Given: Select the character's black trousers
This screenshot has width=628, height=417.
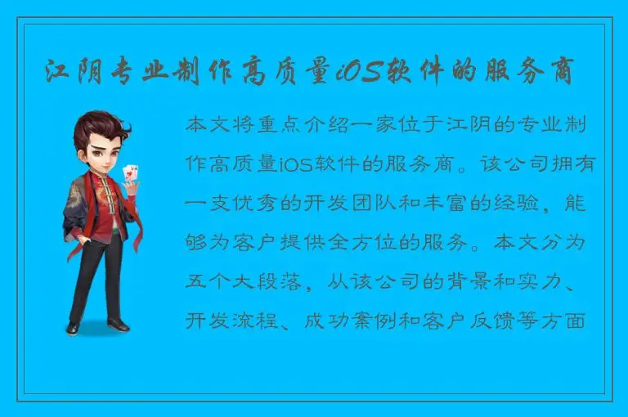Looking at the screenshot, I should pyautogui.click(x=99, y=278).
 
